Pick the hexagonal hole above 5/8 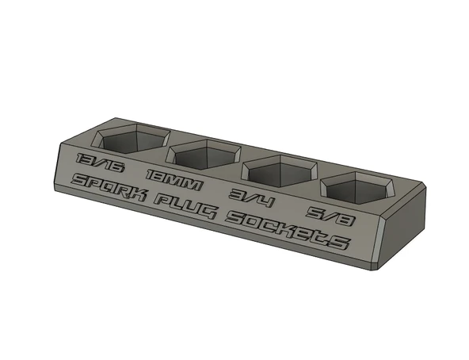[357, 187]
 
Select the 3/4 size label [250, 197]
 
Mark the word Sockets [286, 229]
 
